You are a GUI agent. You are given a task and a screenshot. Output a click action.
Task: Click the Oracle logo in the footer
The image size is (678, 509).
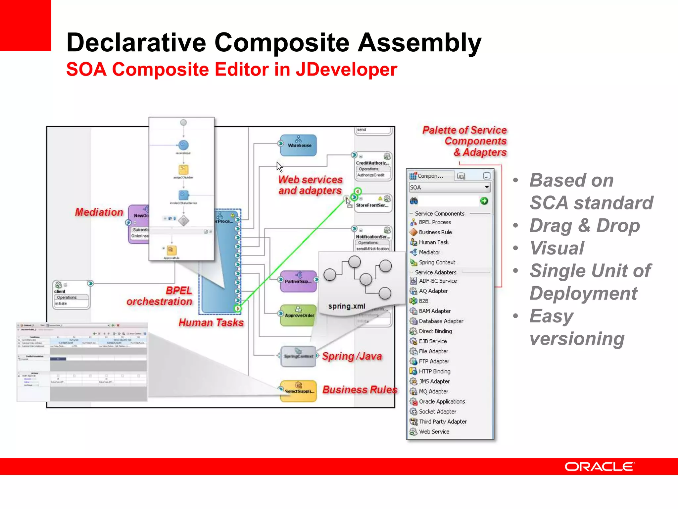[x=599, y=467]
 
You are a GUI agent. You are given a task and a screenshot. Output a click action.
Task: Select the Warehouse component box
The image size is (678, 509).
[x=299, y=145]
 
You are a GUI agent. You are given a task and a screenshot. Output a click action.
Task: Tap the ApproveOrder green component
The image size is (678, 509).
[x=299, y=315]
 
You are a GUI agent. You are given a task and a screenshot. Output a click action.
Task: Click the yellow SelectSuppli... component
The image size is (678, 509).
[x=299, y=391]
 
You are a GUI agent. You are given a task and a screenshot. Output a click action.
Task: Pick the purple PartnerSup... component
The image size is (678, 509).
[x=299, y=281]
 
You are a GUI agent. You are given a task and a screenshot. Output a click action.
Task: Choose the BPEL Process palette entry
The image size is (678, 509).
[x=434, y=222]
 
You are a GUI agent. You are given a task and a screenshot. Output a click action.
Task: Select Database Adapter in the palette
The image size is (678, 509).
[x=441, y=321]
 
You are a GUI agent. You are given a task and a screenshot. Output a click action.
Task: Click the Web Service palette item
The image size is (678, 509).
[x=434, y=431]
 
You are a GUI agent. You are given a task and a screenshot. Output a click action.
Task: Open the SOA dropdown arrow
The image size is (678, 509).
[x=487, y=187]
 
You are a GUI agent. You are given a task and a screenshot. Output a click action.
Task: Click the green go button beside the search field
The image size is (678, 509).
[x=484, y=201]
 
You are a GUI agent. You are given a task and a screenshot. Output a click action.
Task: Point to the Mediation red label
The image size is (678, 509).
[x=99, y=212]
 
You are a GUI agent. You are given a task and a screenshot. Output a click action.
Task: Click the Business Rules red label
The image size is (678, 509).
[x=360, y=390]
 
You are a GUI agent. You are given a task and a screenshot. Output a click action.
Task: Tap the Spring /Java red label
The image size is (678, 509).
[x=352, y=356]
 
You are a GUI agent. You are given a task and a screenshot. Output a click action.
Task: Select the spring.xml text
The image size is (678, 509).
[x=347, y=306]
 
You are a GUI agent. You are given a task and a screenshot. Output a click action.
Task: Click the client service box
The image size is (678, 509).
[x=71, y=295]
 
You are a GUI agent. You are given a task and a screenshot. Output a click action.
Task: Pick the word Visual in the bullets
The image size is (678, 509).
[x=557, y=248]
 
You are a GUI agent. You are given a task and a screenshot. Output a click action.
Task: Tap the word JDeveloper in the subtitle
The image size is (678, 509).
[x=346, y=70]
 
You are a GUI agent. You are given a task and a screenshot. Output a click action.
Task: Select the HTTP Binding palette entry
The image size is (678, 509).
[x=434, y=371]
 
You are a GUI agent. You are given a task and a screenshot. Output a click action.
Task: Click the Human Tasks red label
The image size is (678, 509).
[x=211, y=322]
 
